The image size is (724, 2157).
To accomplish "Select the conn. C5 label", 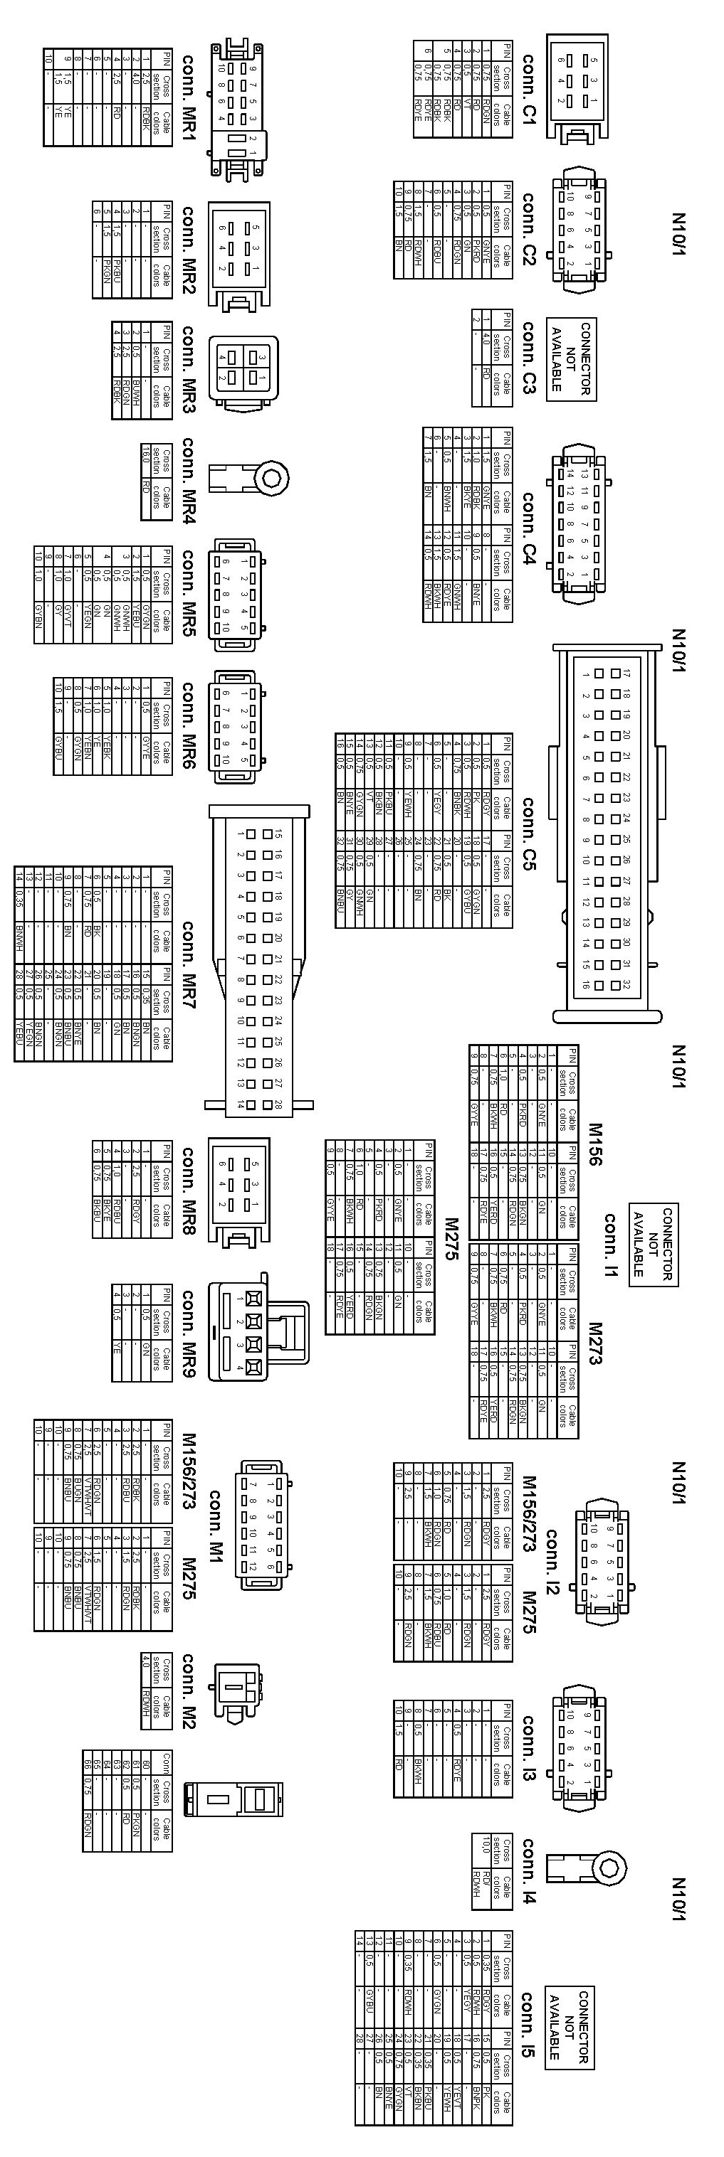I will click(x=529, y=833).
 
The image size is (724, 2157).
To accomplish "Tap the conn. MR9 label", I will click(x=189, y=1332).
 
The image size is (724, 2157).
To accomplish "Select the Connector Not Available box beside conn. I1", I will click(x=654, y=1243).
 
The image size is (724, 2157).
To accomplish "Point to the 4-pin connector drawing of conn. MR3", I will click(x=243, y=369).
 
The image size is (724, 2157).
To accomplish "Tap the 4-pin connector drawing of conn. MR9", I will click(x=251, y=1331).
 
